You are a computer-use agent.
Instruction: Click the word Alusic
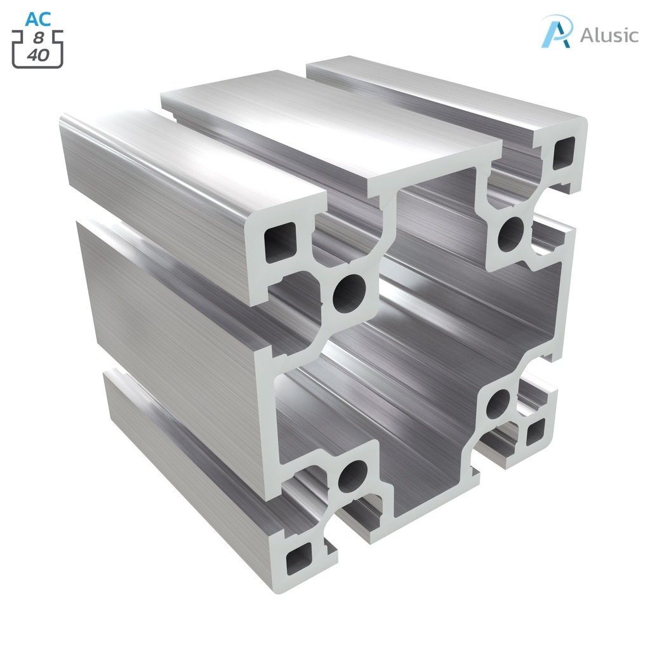coord(609,34)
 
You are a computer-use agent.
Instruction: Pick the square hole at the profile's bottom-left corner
coord(298,559)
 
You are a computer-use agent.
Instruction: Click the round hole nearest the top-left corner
coord(350,293)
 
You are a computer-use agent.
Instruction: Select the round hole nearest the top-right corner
coord(511,234)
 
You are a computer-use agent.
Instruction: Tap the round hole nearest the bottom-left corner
coord(352,475)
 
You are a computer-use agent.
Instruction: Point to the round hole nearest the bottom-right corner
coord(499,403)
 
